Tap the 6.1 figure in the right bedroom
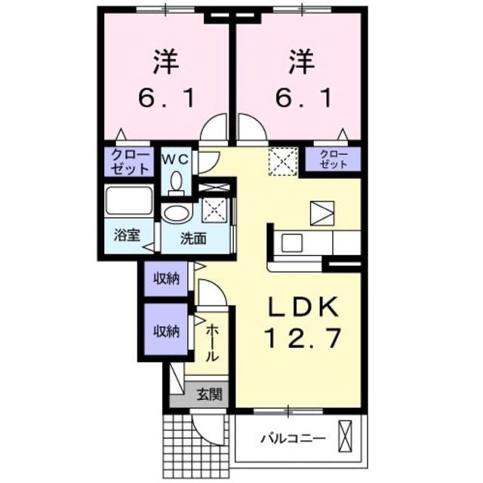click(x=300, y=98)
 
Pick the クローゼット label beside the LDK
click(x=333, y=159)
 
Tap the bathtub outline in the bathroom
click(x=129, y=202)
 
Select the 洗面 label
click(x=193, y=238)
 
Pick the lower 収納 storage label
click(x=167, y=330)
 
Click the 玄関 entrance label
click(x=210, y=393)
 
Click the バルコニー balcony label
click(x=293, y=438)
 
